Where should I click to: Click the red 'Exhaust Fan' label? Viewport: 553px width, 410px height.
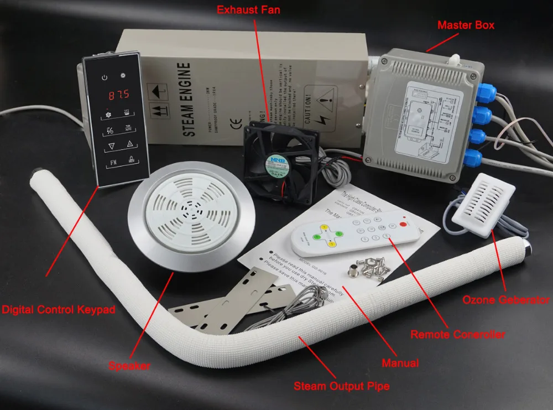[x=248, y=10]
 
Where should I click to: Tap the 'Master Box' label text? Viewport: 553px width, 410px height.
[x=466, y=25]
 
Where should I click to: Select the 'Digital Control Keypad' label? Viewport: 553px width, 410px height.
[x=58, y=310]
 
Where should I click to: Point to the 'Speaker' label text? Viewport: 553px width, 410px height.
[x=129, y=366]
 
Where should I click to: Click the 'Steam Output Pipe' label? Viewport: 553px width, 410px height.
[x=341, y=386]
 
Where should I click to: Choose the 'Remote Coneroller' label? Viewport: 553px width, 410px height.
[x=457, y=334]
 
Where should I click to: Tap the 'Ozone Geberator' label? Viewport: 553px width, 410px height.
[x=506, y=300]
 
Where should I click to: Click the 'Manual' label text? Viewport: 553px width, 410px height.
[x=400, y=363]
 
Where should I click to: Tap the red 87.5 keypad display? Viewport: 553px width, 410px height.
[x=118, y=94]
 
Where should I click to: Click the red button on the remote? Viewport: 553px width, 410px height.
[x=403, y=224]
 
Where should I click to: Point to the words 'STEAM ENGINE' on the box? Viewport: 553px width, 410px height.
[x=187, y=99]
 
